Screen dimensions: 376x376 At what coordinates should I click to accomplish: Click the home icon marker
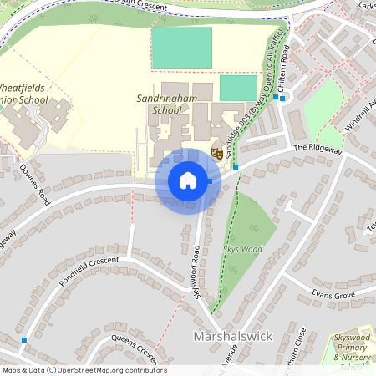[188, 180]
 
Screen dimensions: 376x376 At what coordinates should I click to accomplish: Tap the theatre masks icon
[217, 152]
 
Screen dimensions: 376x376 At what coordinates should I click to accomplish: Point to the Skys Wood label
[242, 248]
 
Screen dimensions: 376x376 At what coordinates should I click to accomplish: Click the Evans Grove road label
[333, 295]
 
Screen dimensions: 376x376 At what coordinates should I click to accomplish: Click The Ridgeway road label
[318, 149]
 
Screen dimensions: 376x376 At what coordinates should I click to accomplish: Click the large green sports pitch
[181, 47]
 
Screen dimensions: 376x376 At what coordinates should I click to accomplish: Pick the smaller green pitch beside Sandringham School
[238, 88]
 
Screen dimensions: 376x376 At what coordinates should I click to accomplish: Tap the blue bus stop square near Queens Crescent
[24, 340]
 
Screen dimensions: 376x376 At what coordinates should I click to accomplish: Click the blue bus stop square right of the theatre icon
[236, 168]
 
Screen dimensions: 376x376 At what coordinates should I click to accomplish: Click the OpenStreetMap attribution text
[84, 370]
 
